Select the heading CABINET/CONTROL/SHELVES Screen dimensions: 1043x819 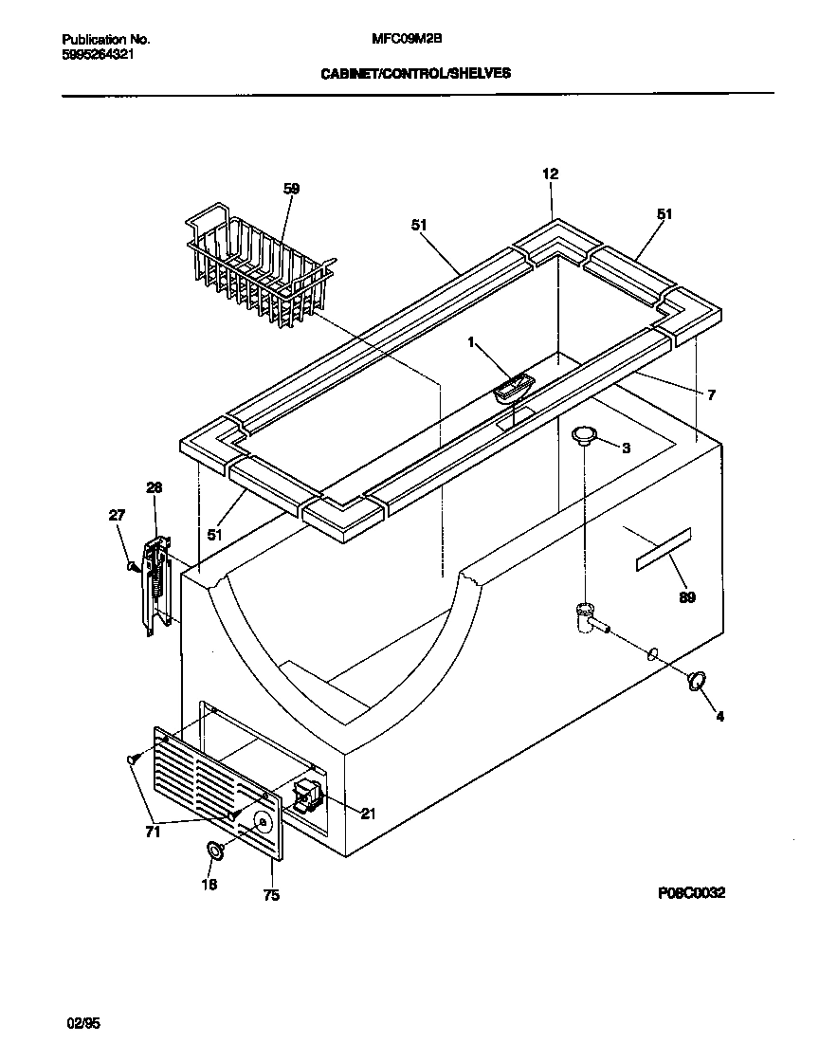click(415, 73)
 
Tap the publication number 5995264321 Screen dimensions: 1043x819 click(99, 55)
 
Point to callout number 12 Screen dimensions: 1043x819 click(550, 174)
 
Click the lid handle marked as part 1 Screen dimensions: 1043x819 click(512, 386)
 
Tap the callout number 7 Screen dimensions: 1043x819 click(711, 394)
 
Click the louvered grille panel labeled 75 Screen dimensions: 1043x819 click(217, 793)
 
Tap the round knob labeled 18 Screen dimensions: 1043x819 click(215, 851)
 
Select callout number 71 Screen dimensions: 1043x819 click(153, 833)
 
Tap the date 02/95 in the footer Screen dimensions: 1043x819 click(83, 1023)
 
